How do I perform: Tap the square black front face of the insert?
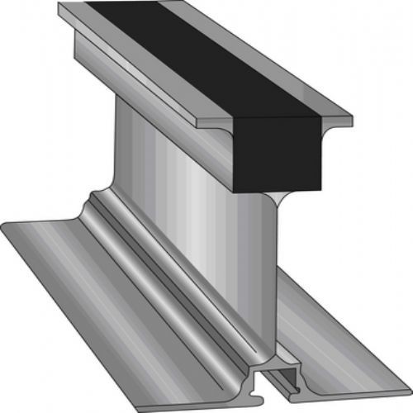point(277,153)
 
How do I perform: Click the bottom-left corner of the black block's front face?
point(234,190)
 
